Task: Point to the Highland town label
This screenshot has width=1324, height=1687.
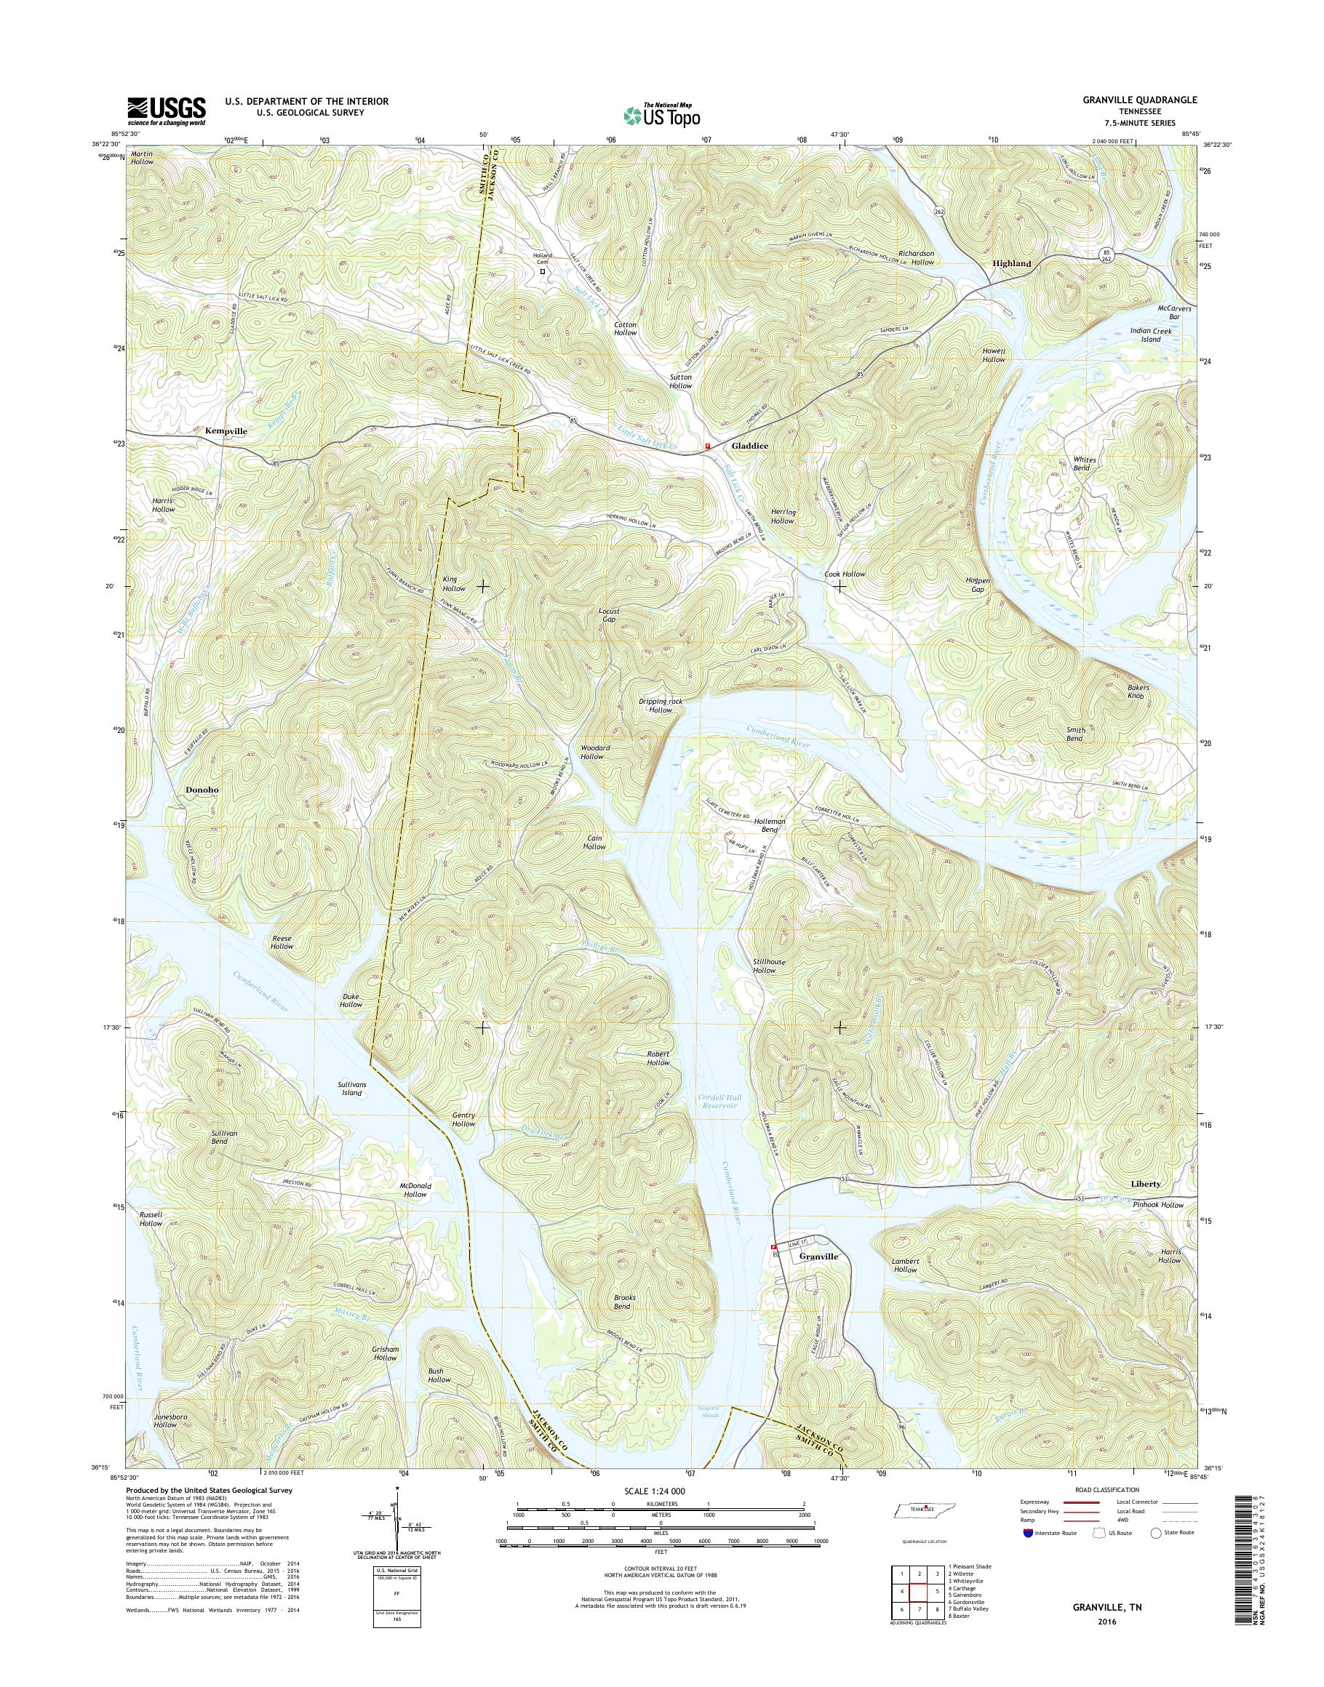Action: pyautogui.click(x=1012, y=263)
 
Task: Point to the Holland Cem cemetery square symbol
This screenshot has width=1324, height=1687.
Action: pyautogui.click(x=542, y=272)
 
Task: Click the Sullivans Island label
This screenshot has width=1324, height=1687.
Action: pyautogui.click(x=351, y=1089)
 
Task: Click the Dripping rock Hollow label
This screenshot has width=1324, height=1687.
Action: pyautogui.click(x=661, y=705)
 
